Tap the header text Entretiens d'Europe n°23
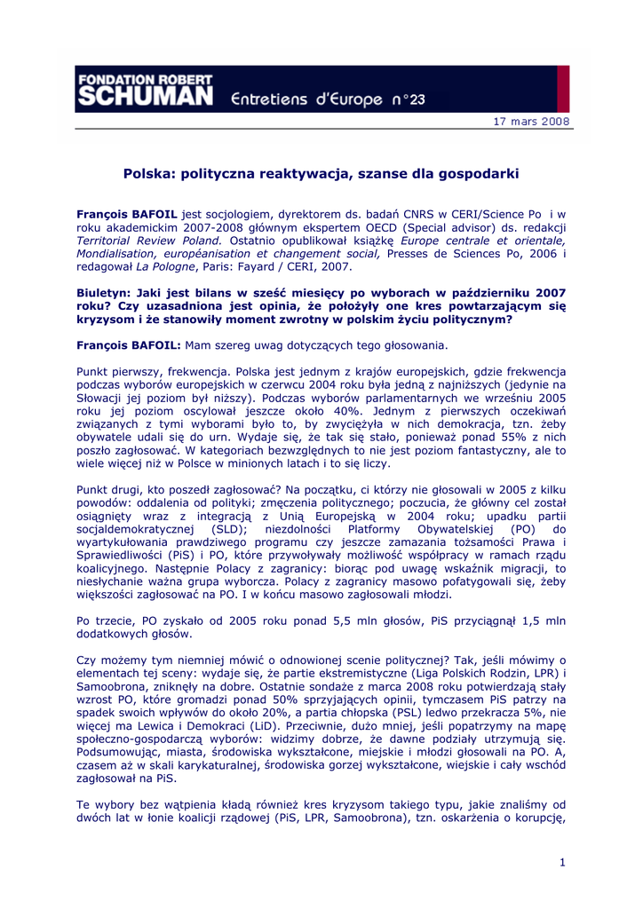pos(329,98)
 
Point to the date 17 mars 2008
pos(531,122)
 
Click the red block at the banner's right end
pos(563,88)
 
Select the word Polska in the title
pos(147,174)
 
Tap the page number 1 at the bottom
pos(563,862)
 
